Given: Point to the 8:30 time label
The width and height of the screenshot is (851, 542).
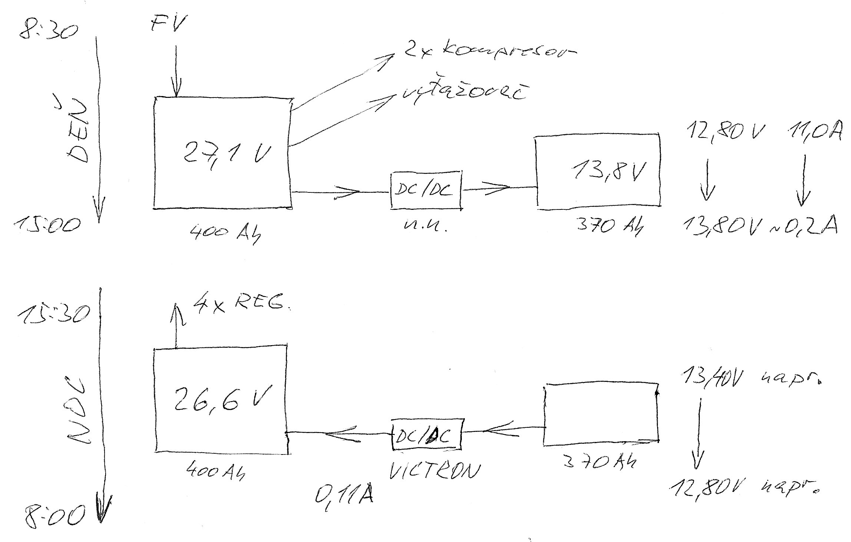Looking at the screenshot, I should click(48, 30).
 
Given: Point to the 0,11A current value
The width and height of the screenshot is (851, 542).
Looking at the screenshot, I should click(344, 494).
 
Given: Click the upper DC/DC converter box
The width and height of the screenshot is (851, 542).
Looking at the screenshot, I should click(426, 190).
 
